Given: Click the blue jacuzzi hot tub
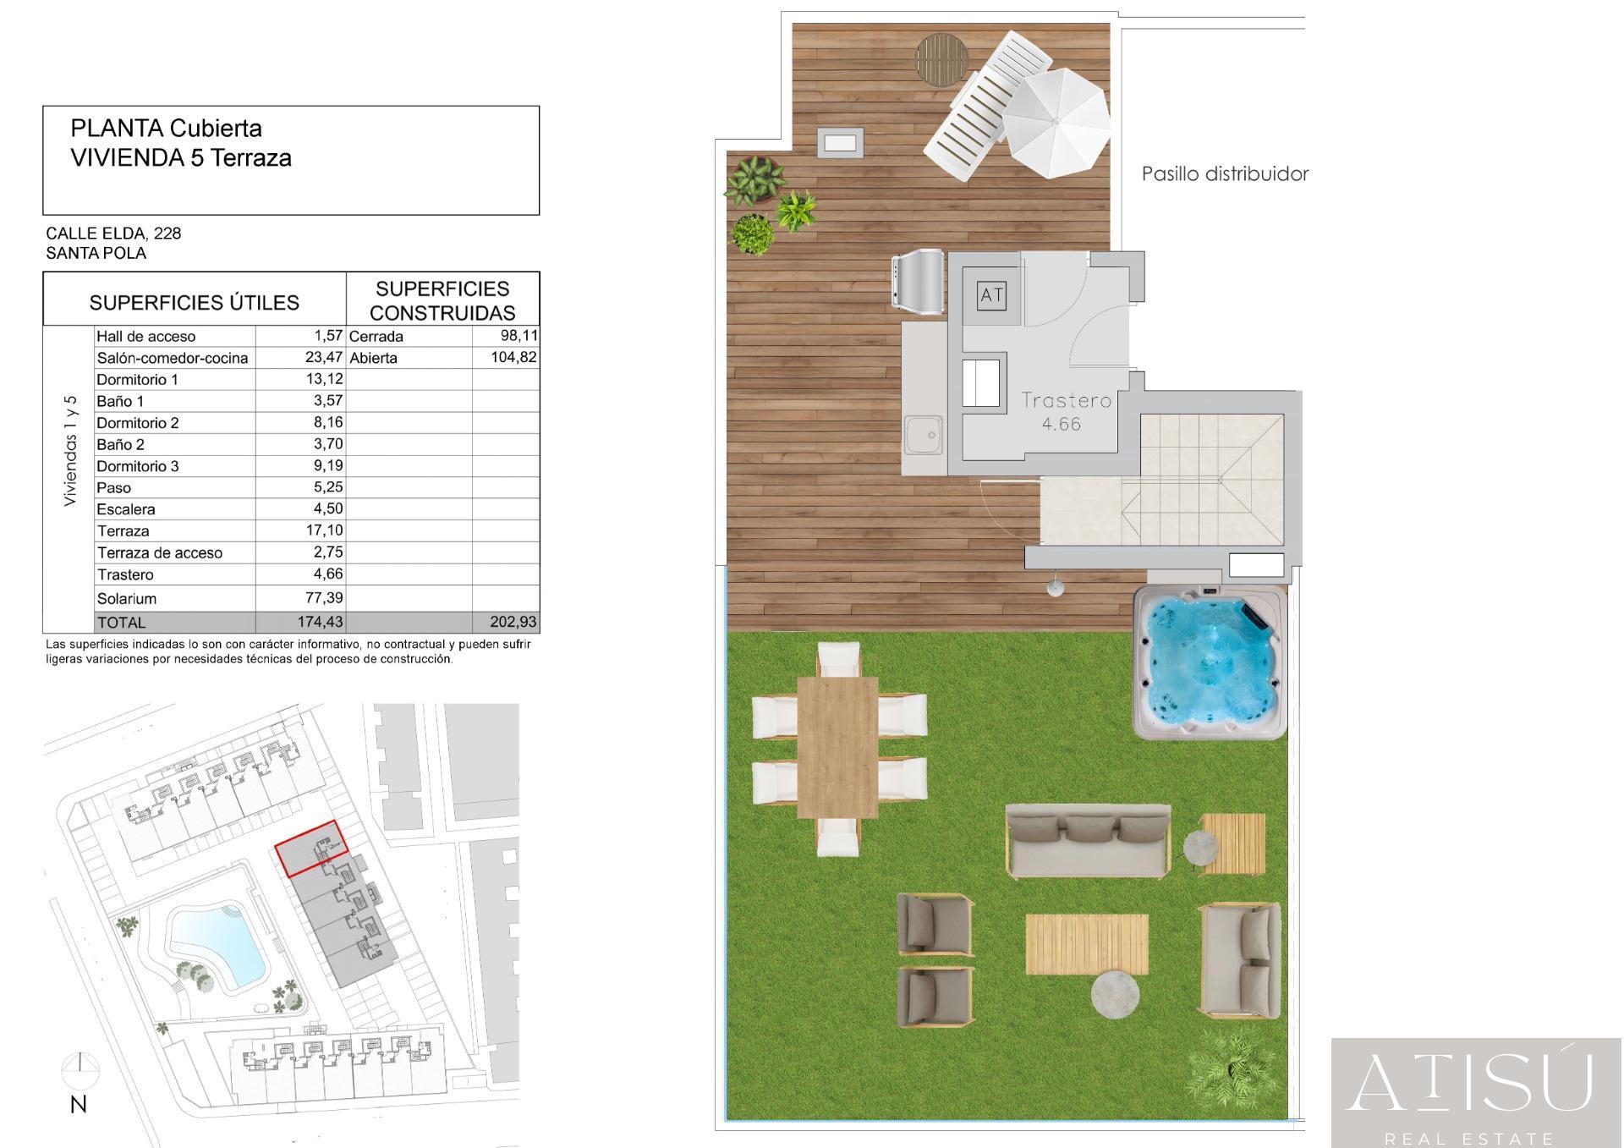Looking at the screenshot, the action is click(1209, 662).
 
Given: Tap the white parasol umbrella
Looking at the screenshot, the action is click(1056, 122).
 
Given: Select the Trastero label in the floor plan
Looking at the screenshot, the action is click(1066, 400).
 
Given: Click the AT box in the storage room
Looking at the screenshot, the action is click(991, 295).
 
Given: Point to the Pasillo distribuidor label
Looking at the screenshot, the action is click(1225, 173).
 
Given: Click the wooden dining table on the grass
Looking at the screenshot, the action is click(837, 747).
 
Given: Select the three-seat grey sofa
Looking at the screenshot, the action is click(1088, 840).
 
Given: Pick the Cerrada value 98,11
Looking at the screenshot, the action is click(518, 335).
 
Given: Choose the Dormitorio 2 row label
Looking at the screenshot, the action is click(138, 422).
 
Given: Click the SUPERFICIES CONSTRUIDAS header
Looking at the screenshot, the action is click(442, 300).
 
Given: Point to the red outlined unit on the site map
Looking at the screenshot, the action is click(311, 848).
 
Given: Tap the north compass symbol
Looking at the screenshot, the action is click(80, 1071).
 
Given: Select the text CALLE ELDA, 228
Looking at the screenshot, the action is click(113, 233).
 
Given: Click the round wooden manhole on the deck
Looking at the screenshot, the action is click(941, 59).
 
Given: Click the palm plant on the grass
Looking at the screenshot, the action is click(1229, 1072).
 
